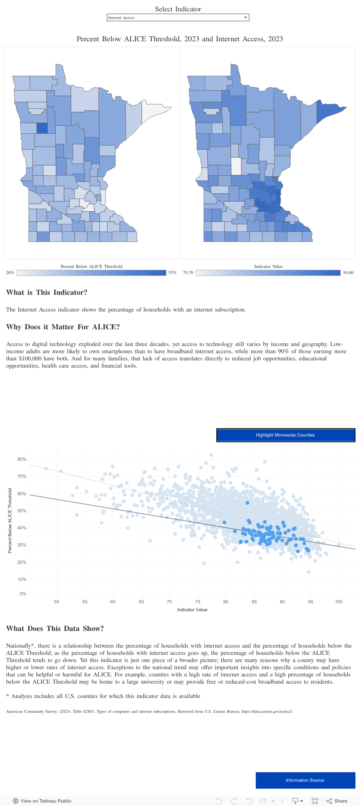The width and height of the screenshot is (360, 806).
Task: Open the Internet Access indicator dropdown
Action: click(x=178, y=17)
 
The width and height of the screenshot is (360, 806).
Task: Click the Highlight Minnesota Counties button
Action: click(x=285, y=435)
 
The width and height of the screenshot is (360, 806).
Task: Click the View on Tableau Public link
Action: click(x=42, y=801)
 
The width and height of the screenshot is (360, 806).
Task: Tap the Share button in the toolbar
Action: click(x=337, y=801)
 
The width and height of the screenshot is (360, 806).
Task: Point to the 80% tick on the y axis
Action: click(x=22, y=459)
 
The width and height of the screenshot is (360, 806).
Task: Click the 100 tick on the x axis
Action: click(x=339, y=602)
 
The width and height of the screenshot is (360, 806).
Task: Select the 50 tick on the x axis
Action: click(x=56, y=602)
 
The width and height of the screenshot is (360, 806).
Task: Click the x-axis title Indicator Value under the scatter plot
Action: click(x=192, y=610)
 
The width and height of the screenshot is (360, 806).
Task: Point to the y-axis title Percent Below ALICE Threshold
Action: click(x=10, y=520)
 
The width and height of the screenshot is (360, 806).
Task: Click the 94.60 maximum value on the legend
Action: click(x=348, y=272)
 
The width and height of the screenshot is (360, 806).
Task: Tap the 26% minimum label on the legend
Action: click(x=10, y=272)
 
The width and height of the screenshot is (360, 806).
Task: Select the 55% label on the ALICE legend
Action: click(x=172, y=272)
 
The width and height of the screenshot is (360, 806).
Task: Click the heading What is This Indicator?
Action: click(x=47, y=293)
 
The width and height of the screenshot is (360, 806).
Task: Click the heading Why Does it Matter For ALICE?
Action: click(x=63, y=327)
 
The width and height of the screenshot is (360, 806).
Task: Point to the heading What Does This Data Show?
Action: click(x=55, y=629)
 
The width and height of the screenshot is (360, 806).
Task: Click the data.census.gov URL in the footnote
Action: click(x=266, y=711)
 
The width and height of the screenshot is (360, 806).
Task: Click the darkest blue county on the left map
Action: click(x=42, y=128)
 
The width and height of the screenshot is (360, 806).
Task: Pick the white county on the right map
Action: click(x=236, y=166)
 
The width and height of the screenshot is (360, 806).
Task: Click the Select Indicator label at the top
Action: click(x=178, y=9)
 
